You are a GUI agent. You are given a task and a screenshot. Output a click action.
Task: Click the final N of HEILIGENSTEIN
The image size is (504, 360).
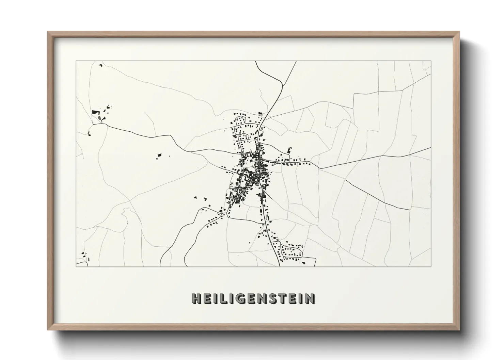pyautogui.click(x=310, y=298)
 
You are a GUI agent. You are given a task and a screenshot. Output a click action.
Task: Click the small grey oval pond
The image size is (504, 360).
pyautogui.click(x=99, y=118)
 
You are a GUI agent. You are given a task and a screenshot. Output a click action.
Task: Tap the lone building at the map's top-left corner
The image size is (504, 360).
pyautogui.click(x=100, y=65)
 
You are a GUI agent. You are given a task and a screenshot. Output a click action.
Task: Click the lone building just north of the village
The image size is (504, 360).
pyautogui.click(x=261, y=113)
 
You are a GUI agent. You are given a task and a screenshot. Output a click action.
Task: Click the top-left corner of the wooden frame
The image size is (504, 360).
pyautogui.click(x=48, y=32)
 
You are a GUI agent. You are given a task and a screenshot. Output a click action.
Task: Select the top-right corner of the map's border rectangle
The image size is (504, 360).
pyautogui.click(x=431, y=61)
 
